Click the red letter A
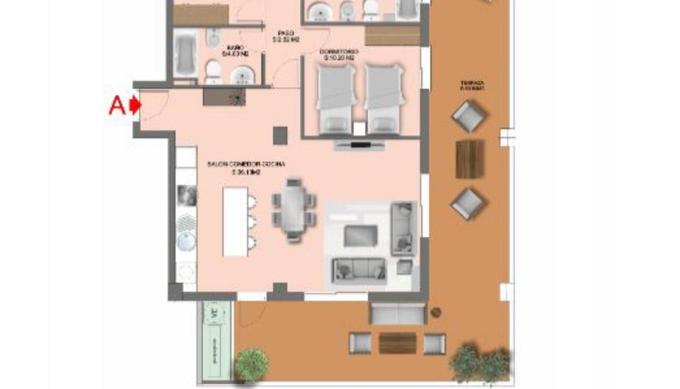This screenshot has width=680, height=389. pyautogui.click(x=117, y=106)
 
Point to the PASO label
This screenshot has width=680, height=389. pyautogui.click(x=285, y=34)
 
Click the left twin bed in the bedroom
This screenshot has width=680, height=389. pyautogui.click(x=335, y=98)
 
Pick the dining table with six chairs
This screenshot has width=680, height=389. pyautogui.click(x=293, y=209)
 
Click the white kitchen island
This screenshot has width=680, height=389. pyautogui.click(x=235, y=221)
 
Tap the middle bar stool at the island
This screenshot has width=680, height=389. pyautogui.click(x=252, y=220)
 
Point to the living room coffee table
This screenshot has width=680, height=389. pyautogui.click(x=360, y=235)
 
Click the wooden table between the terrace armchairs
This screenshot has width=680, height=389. pyautogui.click(x=470, y=158)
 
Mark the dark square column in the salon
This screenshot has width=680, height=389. pyautogui.click(x=280, y=134)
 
